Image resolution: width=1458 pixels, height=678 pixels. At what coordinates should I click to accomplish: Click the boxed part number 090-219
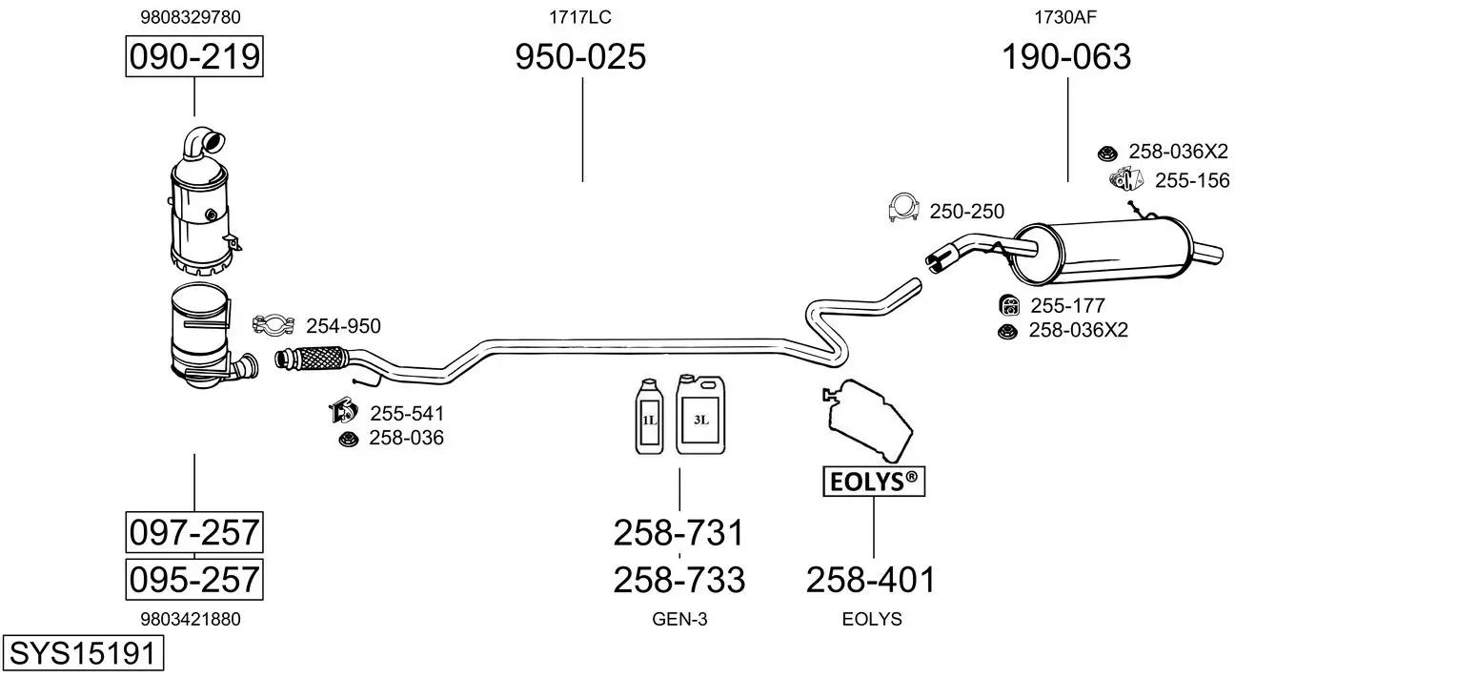pyautogui.click(x=194, y=56)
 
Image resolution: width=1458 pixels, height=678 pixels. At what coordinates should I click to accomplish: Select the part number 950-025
pyautogui.click(x=580, y=56)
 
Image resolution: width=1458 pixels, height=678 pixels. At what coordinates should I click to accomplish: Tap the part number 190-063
pyautogui.click(x=1066, y=56)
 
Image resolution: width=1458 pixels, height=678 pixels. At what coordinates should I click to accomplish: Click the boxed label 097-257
pyautogui.click(x=194, y=532)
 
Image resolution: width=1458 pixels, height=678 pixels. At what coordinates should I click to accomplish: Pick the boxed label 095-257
pyautogui.click(x=194, y=579)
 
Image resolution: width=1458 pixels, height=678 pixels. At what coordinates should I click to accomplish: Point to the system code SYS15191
pyautogui.click(x=83, y=653)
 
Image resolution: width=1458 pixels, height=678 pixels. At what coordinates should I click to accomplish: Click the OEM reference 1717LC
pyautogui.click(x=580, y=17)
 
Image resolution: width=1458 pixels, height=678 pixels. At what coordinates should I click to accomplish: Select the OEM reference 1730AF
pyautogui.click(x=1065, y=17)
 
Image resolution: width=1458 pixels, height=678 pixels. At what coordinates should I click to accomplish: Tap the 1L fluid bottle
pyautogui.click(x=650, y=417)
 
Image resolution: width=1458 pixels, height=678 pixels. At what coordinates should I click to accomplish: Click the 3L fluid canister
pyautogui.click(x=700, y=415)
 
